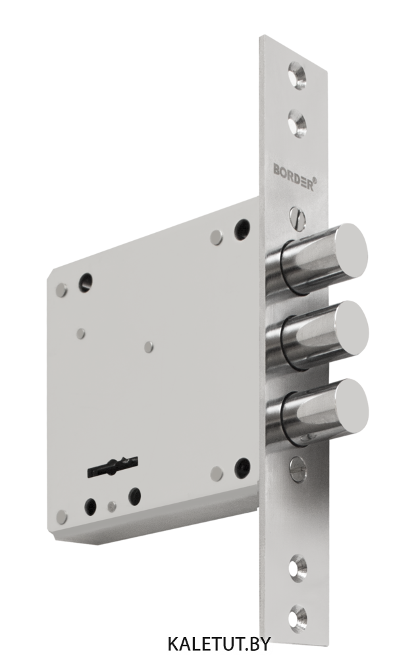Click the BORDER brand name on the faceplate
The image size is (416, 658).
pyautogui.click(x=293, y=176)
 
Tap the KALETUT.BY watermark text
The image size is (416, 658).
pyautogui.click(x=219, y=643)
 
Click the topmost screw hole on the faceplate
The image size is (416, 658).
pyautogui.click(x=298, y=75)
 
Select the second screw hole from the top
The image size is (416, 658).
pyautogui.click(x=298, y=123)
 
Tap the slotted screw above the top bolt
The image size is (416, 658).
pyautogui.click(x=298, y=218)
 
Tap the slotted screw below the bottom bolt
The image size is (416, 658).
pyautogui.click(x=298, y=468)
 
